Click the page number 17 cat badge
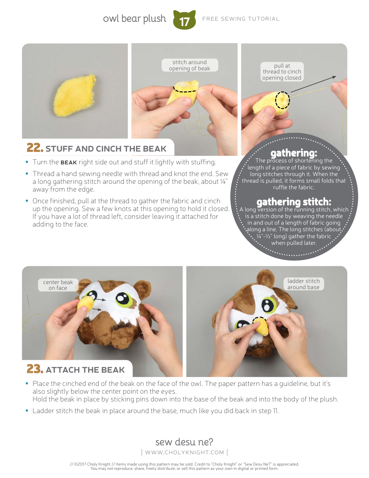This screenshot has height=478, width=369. (184, 21)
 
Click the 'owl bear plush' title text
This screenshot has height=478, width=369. (134, 19)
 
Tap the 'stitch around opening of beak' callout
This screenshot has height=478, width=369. (190, 65)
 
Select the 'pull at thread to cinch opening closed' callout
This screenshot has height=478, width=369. (282, 72)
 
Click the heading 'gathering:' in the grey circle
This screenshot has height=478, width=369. (294, 153)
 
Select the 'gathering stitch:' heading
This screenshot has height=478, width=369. (294, 202)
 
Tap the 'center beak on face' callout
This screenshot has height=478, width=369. (58, 285)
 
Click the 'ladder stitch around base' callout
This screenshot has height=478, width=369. (303, 284)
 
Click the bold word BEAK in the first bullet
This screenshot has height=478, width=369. (68, 162)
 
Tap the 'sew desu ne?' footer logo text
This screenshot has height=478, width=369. (184, 442)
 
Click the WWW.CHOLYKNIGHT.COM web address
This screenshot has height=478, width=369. (184, 452)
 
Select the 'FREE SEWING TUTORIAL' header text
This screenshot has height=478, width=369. (240, 19)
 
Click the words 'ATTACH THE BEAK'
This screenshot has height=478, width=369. (85, 370)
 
